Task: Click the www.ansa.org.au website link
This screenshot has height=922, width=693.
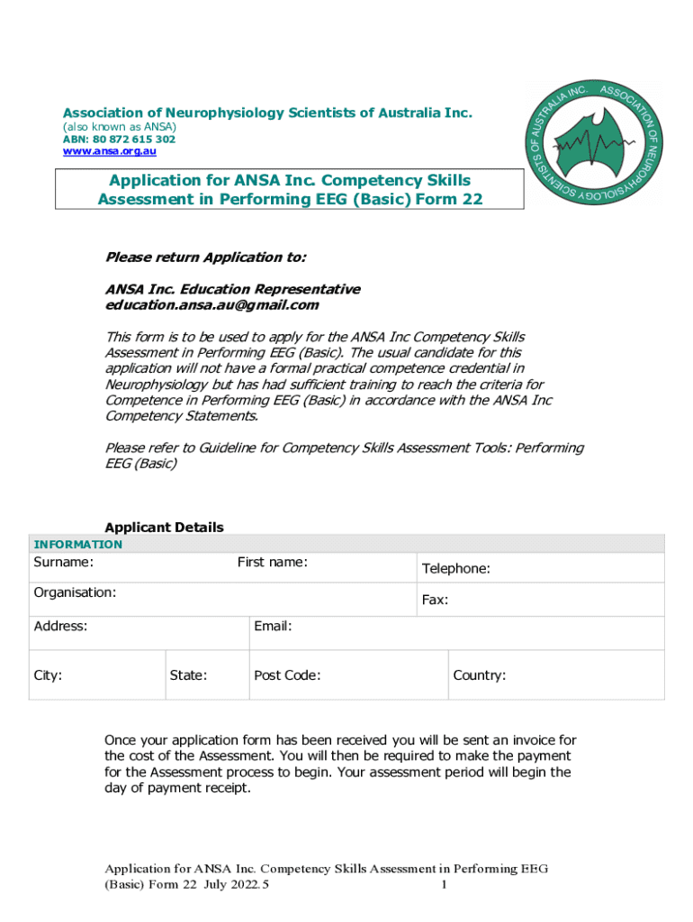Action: coord(109,152)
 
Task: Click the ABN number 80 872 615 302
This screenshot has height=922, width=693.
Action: coord(119,140)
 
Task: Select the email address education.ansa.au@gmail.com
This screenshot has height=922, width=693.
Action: coord(212,305)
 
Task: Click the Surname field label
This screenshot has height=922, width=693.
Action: coord(64,563)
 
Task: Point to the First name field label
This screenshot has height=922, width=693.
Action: coord(273,563)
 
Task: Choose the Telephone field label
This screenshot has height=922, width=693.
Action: coord(456,569)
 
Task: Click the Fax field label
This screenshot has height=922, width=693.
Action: coord(436,600)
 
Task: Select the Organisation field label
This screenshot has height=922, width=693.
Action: coord(75,593)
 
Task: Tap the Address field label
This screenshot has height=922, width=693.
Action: coord(60,626)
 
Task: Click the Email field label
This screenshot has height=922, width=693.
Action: coord(273,626)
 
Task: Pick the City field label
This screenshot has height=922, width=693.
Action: coord(48,675)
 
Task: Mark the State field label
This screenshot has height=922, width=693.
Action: coord(189,675)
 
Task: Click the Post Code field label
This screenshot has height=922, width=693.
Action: coord(287,675)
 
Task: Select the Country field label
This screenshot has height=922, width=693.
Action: coord(480,675)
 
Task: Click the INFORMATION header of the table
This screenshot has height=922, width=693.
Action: coord(77,544)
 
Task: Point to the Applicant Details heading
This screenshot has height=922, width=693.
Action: coord(165,528)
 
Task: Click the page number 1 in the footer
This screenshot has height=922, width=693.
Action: coord(445,886)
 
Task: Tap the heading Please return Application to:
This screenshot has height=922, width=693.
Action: coord(206,258)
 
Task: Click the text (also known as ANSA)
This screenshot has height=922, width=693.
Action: coord(119,127)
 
